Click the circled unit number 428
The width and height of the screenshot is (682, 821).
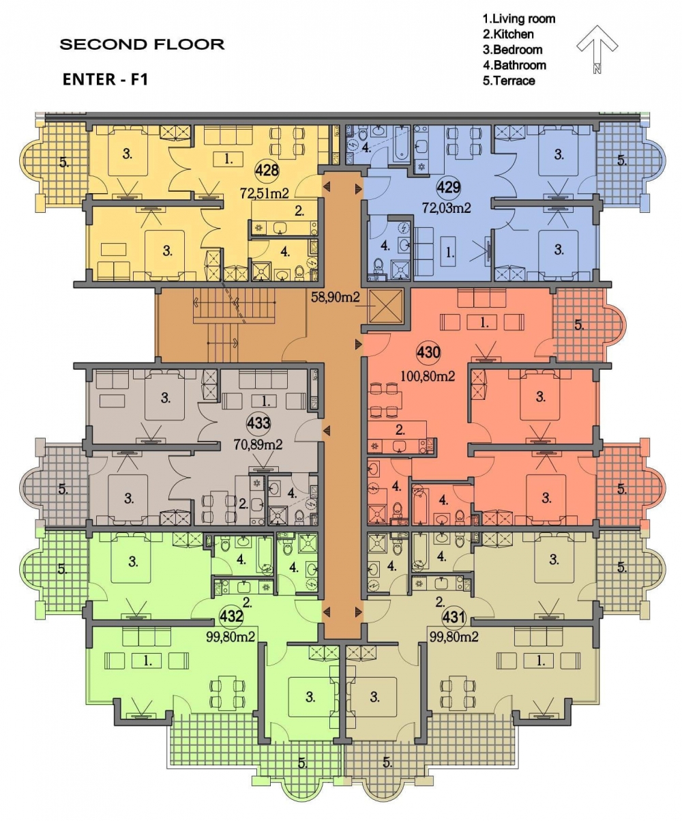267,170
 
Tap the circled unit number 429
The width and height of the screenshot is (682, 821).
449,187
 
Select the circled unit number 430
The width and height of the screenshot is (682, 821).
428,352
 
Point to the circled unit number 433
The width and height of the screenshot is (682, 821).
258,423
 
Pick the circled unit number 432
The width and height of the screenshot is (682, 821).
231,616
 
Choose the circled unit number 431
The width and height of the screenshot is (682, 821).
454,616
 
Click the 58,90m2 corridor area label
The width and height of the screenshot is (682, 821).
335,297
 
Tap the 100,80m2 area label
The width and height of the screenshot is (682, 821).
428,376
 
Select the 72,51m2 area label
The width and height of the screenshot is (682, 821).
265,193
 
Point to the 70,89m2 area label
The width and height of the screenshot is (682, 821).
258,445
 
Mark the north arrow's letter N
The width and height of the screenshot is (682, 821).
597,68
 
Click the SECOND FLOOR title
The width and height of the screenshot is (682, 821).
143,44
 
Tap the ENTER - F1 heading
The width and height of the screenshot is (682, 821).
105,79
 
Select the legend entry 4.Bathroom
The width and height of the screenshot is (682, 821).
514,65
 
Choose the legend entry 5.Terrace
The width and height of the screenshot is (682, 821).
509,81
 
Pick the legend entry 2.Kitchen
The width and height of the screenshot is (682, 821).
508,34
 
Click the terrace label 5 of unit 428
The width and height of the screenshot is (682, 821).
63,162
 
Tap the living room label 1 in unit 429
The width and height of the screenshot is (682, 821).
450,253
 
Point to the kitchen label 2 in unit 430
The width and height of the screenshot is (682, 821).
400,430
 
